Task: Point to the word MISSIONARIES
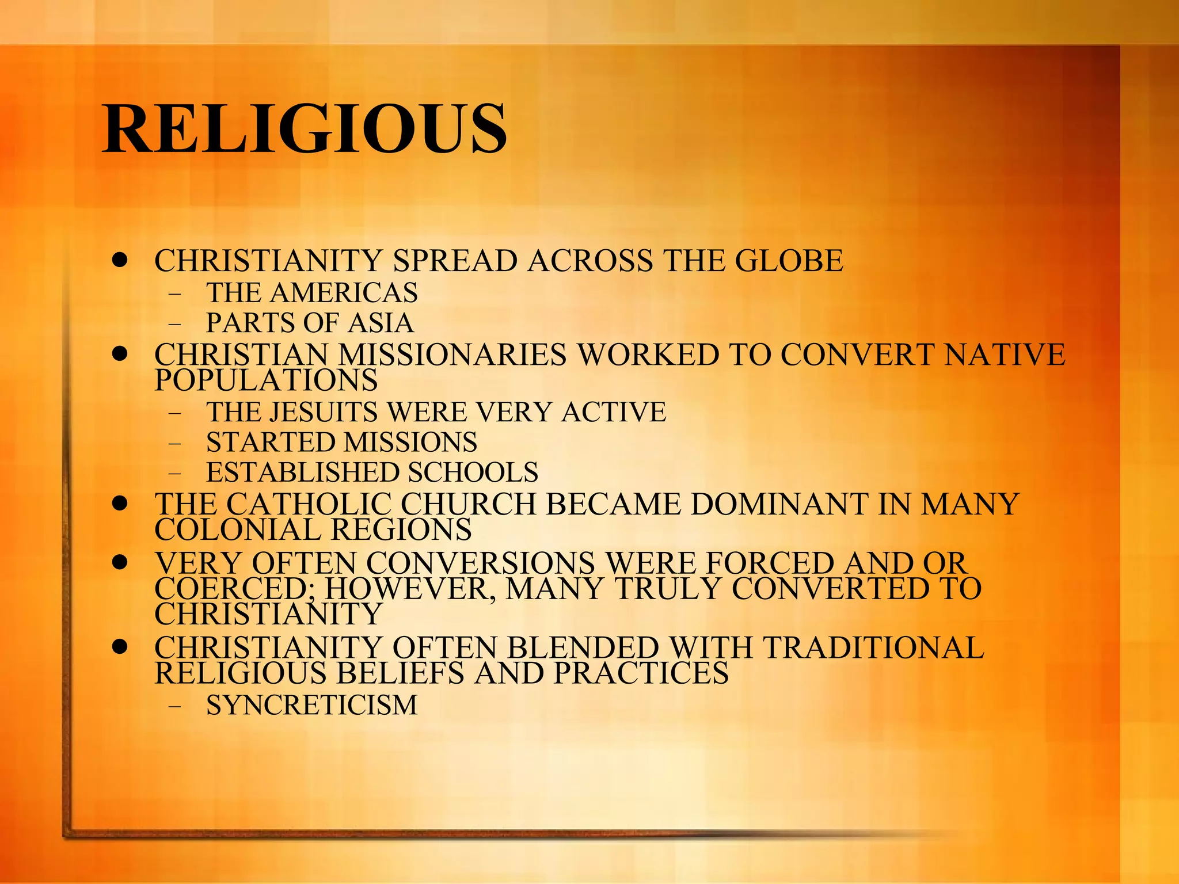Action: pyautogui.click(x=452, y=355)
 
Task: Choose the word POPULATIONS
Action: pyautogui.click(x=266, y=380)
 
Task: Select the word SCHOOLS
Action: pyautogui.click(x=473, y=473)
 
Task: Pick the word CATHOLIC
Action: pyautogui.click(x=309, y=504)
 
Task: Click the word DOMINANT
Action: pyautogui.click(x=779, y=504)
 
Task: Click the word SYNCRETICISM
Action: pyautogui.click(x=312, y=706)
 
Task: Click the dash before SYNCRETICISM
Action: pyautogui.click(x=174, y=706)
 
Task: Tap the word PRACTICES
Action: pyautogui.click(x=641, y=673)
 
